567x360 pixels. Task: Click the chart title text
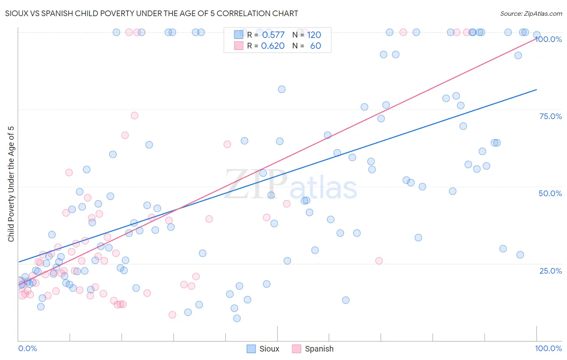(x=152, y=13)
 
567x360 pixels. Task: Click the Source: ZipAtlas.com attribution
(x=531, y=13)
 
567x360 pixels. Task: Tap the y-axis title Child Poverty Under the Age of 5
(x=11, y=184)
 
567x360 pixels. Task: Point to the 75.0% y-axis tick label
(x=550, y=116)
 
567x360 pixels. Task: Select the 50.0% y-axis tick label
(x=550, y=193)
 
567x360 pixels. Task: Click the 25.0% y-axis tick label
(x=550, y=271)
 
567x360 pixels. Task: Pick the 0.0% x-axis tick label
(x=27, y=348)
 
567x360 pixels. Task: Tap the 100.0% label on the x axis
(x=548, y=348)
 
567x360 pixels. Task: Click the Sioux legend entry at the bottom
(x=263, y=349)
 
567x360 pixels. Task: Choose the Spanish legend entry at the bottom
(x=313, y=349)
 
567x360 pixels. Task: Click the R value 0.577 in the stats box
(x=273, y=35)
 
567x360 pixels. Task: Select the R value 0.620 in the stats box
(x=273, y=46)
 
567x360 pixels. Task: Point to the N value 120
(x=314, y=35)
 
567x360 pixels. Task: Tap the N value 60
(x=315, y=46)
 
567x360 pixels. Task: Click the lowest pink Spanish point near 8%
(x=172, y=315)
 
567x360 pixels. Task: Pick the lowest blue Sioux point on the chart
(x=237, y=318)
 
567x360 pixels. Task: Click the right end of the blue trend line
(x=536, y=90)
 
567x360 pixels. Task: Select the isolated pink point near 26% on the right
(x=379, y=261)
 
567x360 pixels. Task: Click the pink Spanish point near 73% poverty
(x=134, y=115)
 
